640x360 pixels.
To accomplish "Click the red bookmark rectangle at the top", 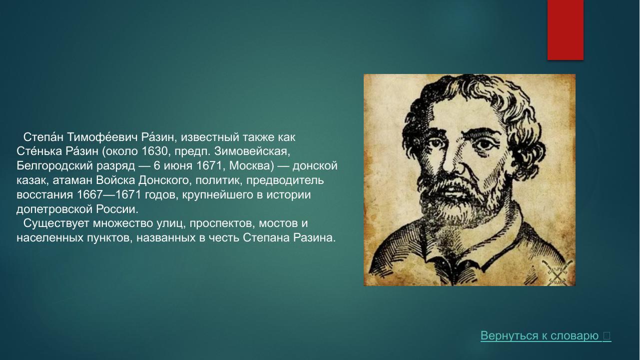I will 565,30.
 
